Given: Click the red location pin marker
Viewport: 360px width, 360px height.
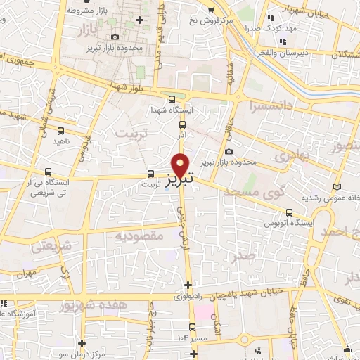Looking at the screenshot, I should tap(181, 165).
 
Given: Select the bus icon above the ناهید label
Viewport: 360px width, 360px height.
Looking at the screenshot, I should tap(60, 131).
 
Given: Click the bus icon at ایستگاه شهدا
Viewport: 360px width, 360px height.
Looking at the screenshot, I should tap(172, 98).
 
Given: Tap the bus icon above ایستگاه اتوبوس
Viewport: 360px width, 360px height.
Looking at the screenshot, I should tap(289, 212).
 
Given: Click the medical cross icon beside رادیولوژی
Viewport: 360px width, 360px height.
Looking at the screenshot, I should tap(187, 285).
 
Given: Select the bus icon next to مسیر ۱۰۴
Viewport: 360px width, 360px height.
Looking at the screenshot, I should tap(193, 327).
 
